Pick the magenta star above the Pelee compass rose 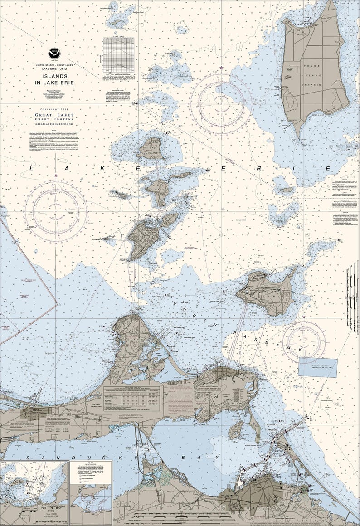pos(221,68)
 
